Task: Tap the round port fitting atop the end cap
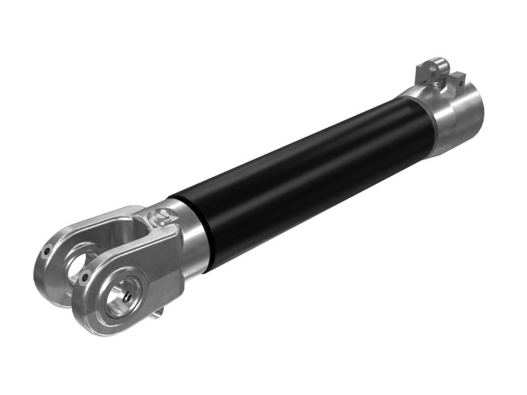pyautogui.click(x=431, y=68)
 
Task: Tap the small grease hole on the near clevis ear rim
pyautogui.click(x=85, y=279)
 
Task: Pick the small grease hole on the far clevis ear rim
pyautogui.click(x=46, y=251)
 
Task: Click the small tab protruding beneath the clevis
pyautogui.click(x=157, y=313)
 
